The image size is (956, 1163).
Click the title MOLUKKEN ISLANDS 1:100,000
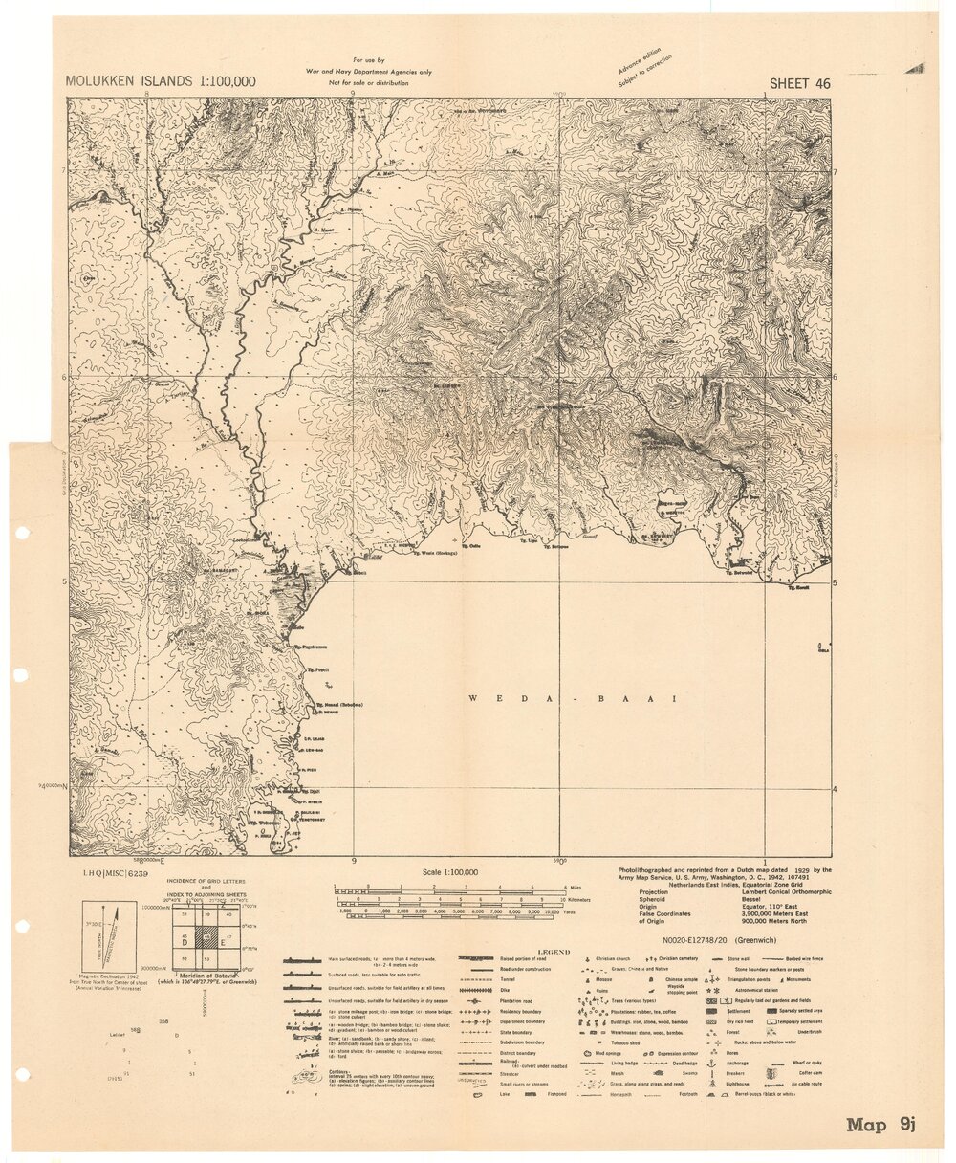(161, 81)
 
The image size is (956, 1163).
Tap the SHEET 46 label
(799, 83)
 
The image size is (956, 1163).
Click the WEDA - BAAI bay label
(572, 699)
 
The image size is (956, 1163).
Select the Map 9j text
(880, 1125)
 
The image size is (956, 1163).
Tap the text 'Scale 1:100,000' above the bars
(450, 872)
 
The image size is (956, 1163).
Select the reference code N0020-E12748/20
(722, 940)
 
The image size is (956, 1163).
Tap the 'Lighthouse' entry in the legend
(736, 1085)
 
